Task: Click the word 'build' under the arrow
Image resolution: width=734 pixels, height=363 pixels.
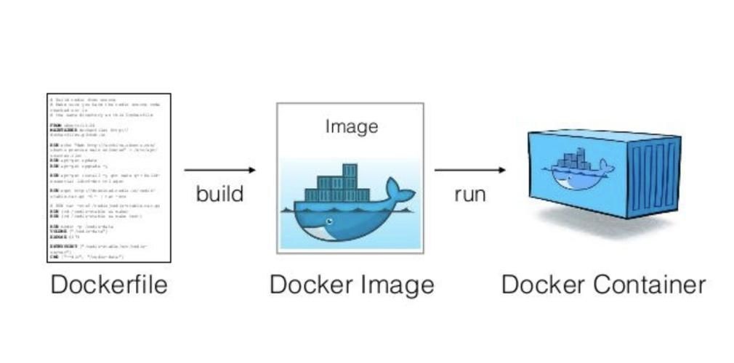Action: [219, 194]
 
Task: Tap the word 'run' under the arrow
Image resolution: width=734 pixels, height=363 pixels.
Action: [469, 194]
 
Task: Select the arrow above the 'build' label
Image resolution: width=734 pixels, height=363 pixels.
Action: [219, 170]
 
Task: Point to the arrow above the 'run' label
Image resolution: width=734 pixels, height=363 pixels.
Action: [469, 170]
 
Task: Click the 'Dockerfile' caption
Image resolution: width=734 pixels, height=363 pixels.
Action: [109, 284]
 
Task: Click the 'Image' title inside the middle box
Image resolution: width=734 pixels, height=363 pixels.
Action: [351, 126]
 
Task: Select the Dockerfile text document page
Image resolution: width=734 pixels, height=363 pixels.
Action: [109, 177]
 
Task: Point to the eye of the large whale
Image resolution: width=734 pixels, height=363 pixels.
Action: [330, 221]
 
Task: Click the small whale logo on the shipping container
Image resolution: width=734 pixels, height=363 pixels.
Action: [577, 170]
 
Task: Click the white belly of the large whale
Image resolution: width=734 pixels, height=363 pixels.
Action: [320, 232]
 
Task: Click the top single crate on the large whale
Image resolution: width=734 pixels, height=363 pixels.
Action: [350, 171]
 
